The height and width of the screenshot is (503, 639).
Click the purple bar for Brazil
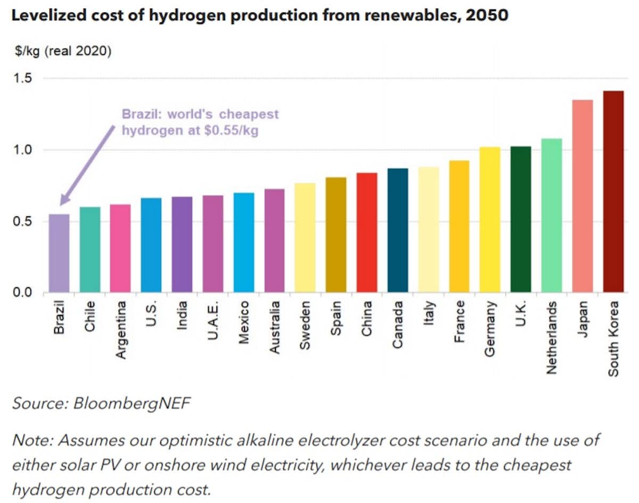(59, 253)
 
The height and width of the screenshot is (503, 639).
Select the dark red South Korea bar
(613, 192)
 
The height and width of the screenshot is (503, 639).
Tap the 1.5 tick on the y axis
(23, 79)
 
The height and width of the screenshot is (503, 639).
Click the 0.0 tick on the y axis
(23, 293)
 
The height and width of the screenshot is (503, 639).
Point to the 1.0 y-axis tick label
(23, 150)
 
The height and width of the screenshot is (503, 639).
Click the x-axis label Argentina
(121, 329)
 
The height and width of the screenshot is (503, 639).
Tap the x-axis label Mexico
(244, 323)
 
